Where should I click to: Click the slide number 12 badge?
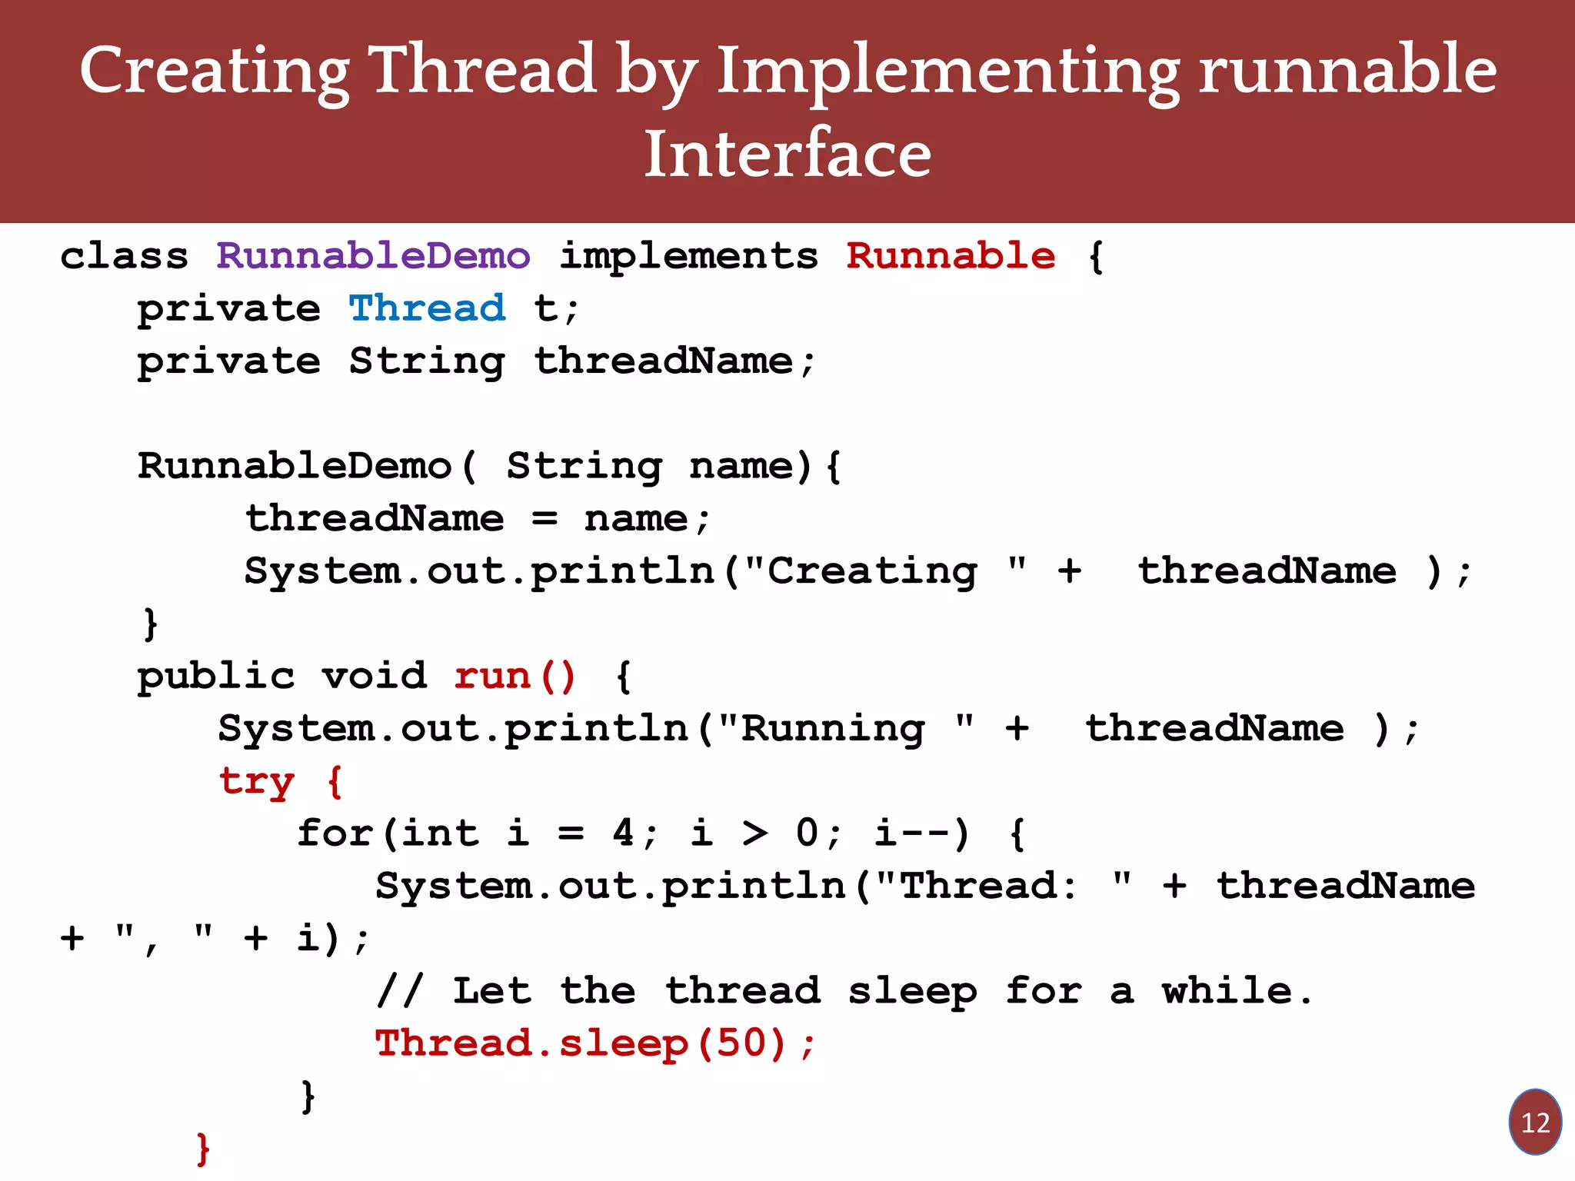[1534, 1122]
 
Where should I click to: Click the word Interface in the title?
[787, 154]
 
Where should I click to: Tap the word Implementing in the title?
[947, 71]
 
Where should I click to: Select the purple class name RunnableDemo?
[373, 255]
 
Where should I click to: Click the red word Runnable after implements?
[951, 255]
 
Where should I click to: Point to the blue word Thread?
[428, 308]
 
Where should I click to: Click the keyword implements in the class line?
[688, 257]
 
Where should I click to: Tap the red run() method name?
[514, 676]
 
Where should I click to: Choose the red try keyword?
[256, 782]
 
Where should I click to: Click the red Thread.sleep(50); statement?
[594, 1043]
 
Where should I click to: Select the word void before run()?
[374, 676]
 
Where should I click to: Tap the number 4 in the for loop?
[623, 833]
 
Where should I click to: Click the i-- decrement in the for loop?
[912, 833]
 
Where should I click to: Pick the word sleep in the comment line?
[912, 991]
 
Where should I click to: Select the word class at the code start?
[125, 255]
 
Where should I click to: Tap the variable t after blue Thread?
[545, 308]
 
